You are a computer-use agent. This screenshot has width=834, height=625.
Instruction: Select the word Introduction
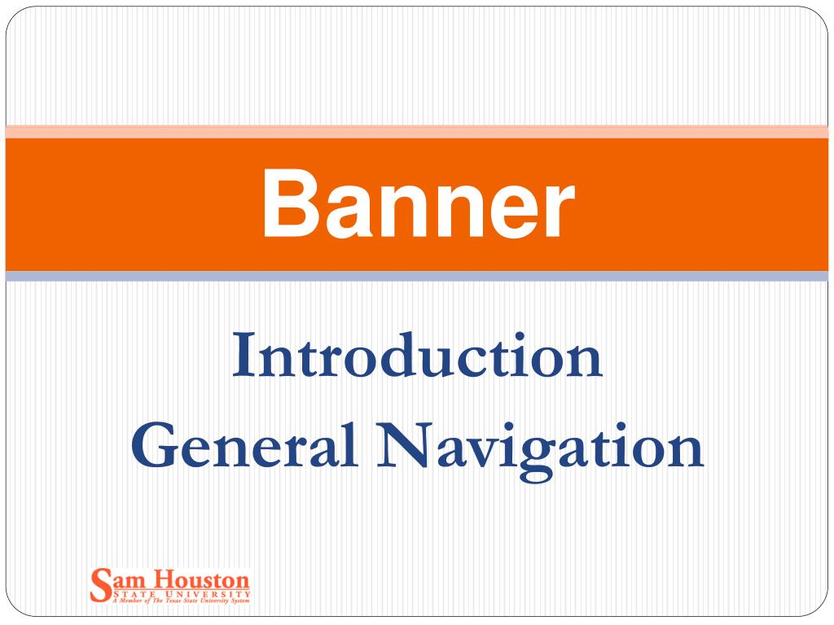coord(417,358)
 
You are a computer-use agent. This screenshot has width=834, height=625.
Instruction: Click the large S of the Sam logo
coord(100,583)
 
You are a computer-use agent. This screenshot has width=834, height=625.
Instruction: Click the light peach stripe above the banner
coord(417,131)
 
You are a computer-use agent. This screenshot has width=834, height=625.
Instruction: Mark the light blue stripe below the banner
coord(417,277)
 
